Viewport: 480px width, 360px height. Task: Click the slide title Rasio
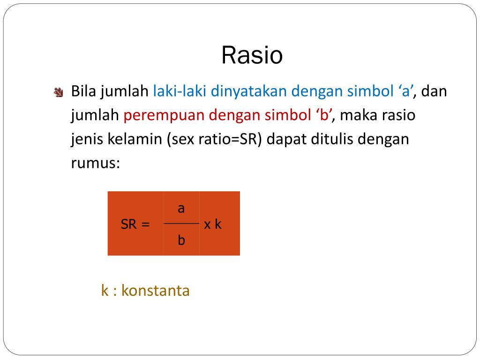(x=252, y=56)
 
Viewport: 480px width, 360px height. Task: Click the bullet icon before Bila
(x=59, y=92)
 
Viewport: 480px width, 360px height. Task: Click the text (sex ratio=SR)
(x=216, y=140)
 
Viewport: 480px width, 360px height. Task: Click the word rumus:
(x=96, y=164)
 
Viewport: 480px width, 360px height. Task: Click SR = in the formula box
(x=135, y=224)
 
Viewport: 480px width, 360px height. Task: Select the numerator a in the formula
(x=181, y=208)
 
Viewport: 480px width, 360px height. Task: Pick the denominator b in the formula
(x=181, y=240)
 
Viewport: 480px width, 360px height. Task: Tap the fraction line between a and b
(x=181, y=224)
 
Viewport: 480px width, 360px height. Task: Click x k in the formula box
(x=213, y=224)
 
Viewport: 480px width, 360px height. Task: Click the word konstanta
(x=155, y=291)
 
